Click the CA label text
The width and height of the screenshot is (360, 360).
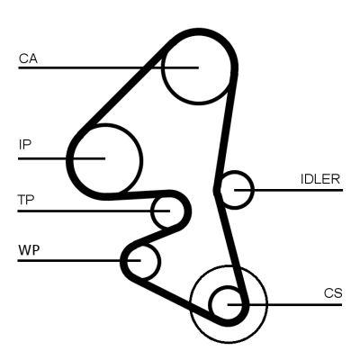(x=27, y=59)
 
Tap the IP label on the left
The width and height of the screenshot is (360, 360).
(x=24, y=144)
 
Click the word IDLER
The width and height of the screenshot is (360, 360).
(x=320, y=178)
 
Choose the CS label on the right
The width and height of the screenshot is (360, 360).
(x=333, y=293)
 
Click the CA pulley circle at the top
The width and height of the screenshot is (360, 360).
(x=193, y=67)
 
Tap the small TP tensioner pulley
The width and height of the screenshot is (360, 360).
(x=165, y=211)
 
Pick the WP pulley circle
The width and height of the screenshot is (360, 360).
(x=142, y=261)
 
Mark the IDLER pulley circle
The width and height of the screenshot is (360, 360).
(x=237, y=190)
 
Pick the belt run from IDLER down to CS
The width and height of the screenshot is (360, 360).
(x=232, y=243)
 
